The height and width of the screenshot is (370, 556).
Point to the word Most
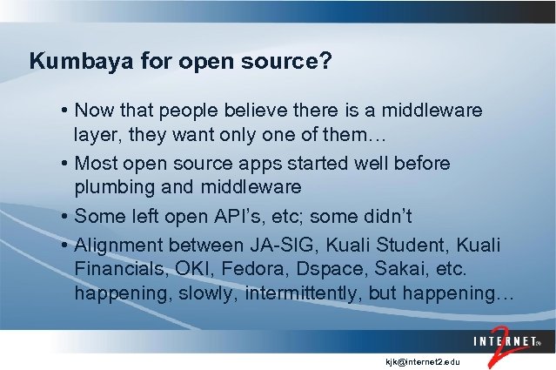96,163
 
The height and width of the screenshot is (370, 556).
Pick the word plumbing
113,187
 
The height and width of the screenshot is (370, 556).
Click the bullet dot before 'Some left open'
66,215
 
